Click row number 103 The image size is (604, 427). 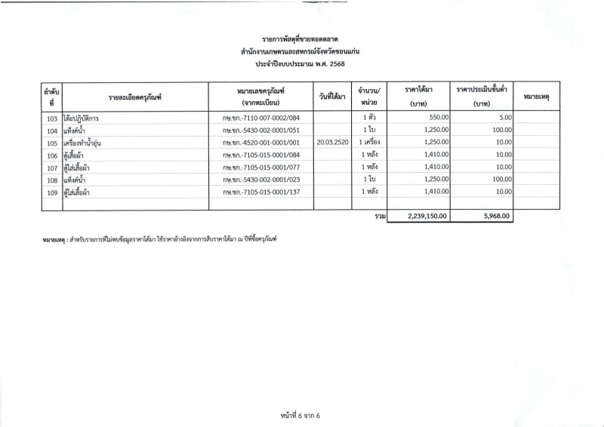(52, 118)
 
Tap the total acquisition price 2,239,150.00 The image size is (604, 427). (427, 216)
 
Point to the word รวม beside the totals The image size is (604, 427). (380, 216)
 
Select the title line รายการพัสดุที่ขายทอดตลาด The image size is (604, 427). (301, 38)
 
